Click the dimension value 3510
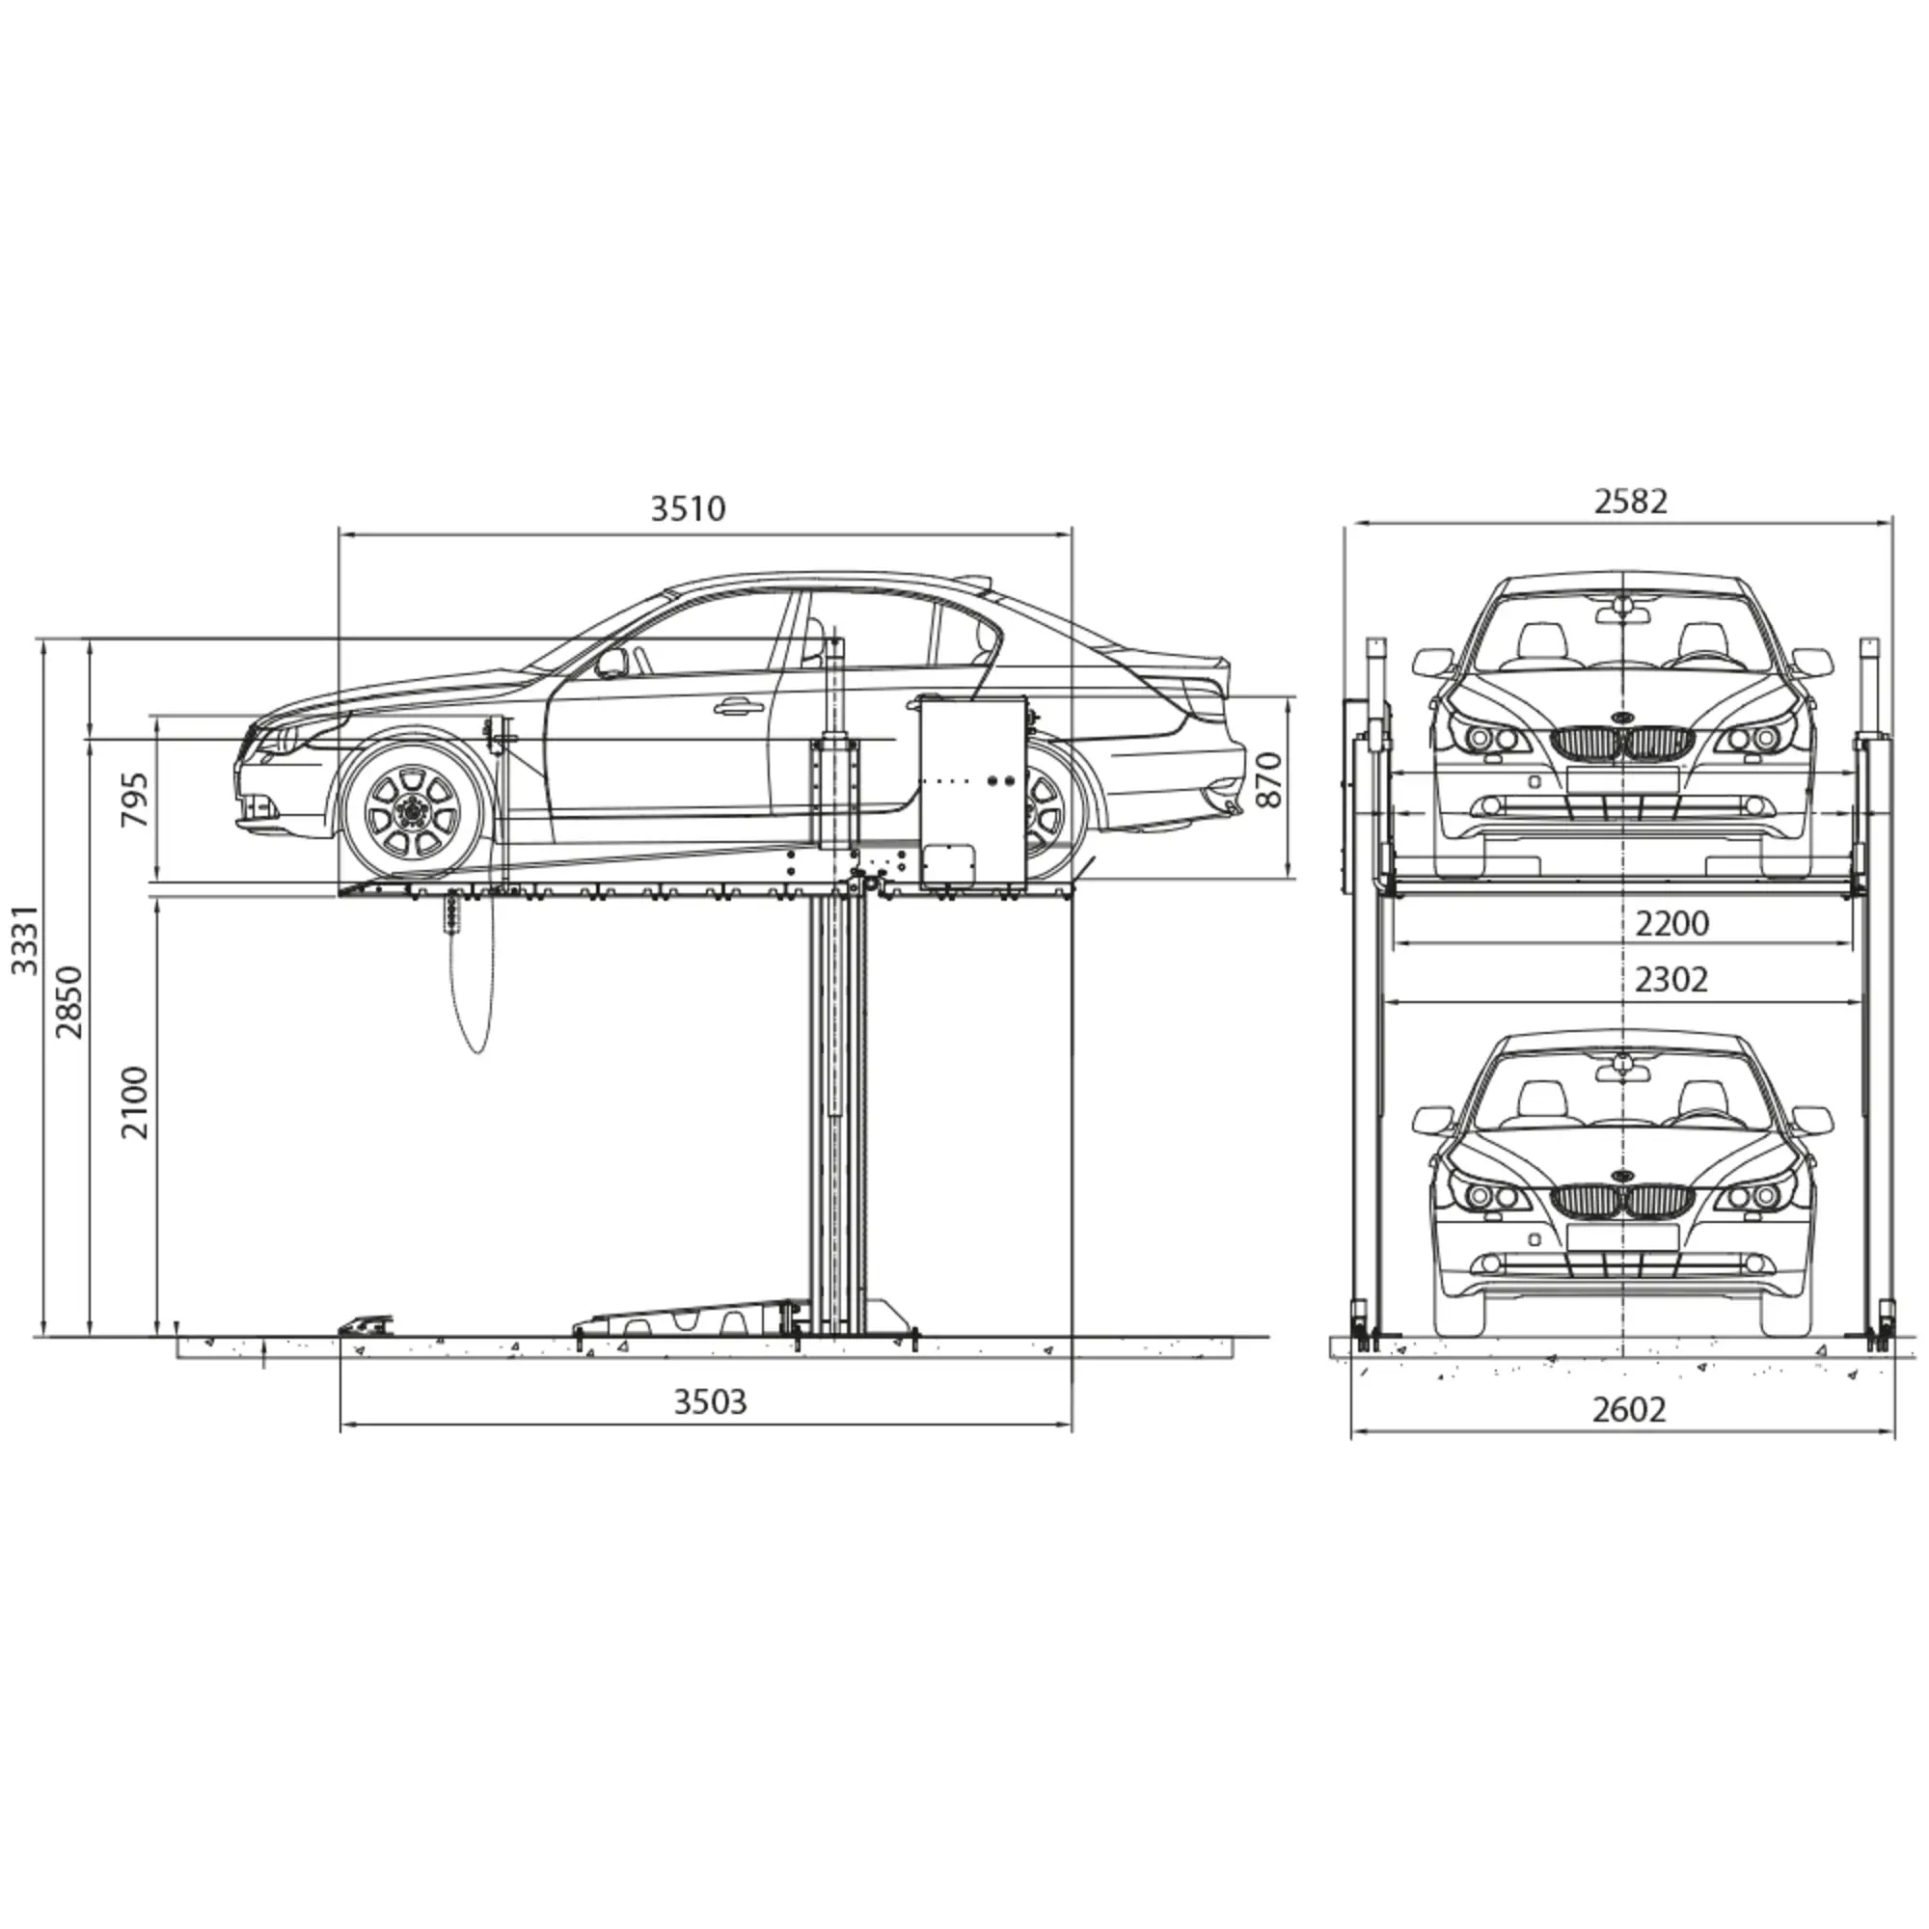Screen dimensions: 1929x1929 tap(688, 509)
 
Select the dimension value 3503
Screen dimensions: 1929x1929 tap(710, 1401)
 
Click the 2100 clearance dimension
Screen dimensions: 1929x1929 tap(135, 1103)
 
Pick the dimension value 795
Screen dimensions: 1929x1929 tap(135, 799)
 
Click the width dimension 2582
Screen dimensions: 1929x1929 tap(1630, 502)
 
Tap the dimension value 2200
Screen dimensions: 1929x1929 tap(1671, 924)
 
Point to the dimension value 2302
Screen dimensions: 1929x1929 tap(1671, 980)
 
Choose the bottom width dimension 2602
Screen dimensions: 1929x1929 tap(1628, 1409)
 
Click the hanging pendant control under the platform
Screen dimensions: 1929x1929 tap(455, 910)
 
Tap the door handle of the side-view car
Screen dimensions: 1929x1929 tap(738, 707)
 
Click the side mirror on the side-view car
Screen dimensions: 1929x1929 tap(611, 662)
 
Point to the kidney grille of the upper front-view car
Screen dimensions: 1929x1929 tap(1622, 743)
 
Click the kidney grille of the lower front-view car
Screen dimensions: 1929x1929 tap(1622, 1200)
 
